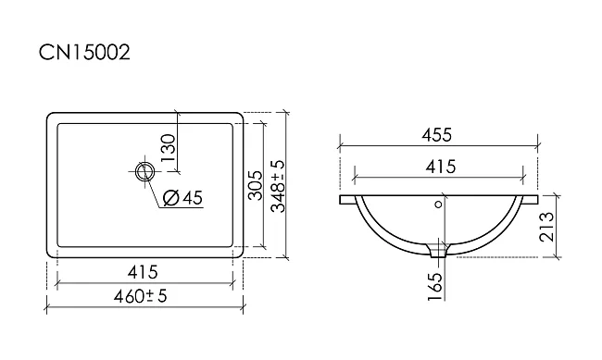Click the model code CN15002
(x=84, y=52)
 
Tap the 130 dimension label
(x=169, y=148)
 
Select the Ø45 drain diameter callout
(x=182, y=197)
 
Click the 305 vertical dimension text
(x=255, y=185)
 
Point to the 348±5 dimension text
(x=278, y=186)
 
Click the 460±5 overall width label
(x=141, y=296)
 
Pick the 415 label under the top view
(x=143, y=272)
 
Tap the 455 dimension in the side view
(x=437, y=135)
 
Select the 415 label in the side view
(x=441, y=167)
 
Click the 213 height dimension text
(x=546, y=227)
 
